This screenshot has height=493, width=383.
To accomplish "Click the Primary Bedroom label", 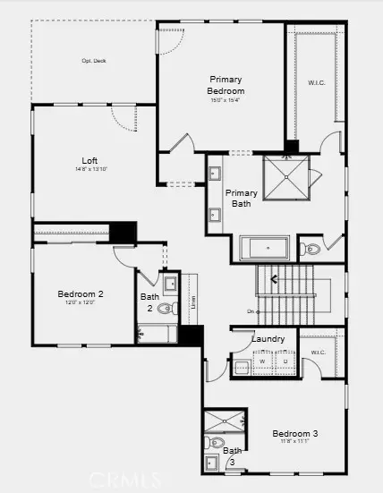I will pyautogui.click(x=226, y=85).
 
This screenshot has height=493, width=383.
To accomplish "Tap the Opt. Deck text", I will pyautogui.click(x=94, y=61).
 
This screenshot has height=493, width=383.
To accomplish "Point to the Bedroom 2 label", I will pyautogui.click(x=81, y=293).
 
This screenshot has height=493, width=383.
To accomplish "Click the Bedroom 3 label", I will pyautogui.click(x=295, y=434).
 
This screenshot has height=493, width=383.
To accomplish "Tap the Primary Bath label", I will pyautogui.click(x=241, y=198).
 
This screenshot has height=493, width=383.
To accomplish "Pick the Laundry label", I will pyautogui.click(x=268, y=339).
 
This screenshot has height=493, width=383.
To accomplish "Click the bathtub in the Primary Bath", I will pyautogui.click(x=265, y=248).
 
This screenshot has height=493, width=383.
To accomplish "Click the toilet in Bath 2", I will pyautogui.click(x=165, y=309).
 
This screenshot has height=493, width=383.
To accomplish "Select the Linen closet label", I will pyautogui.click(x=193, y=301).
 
